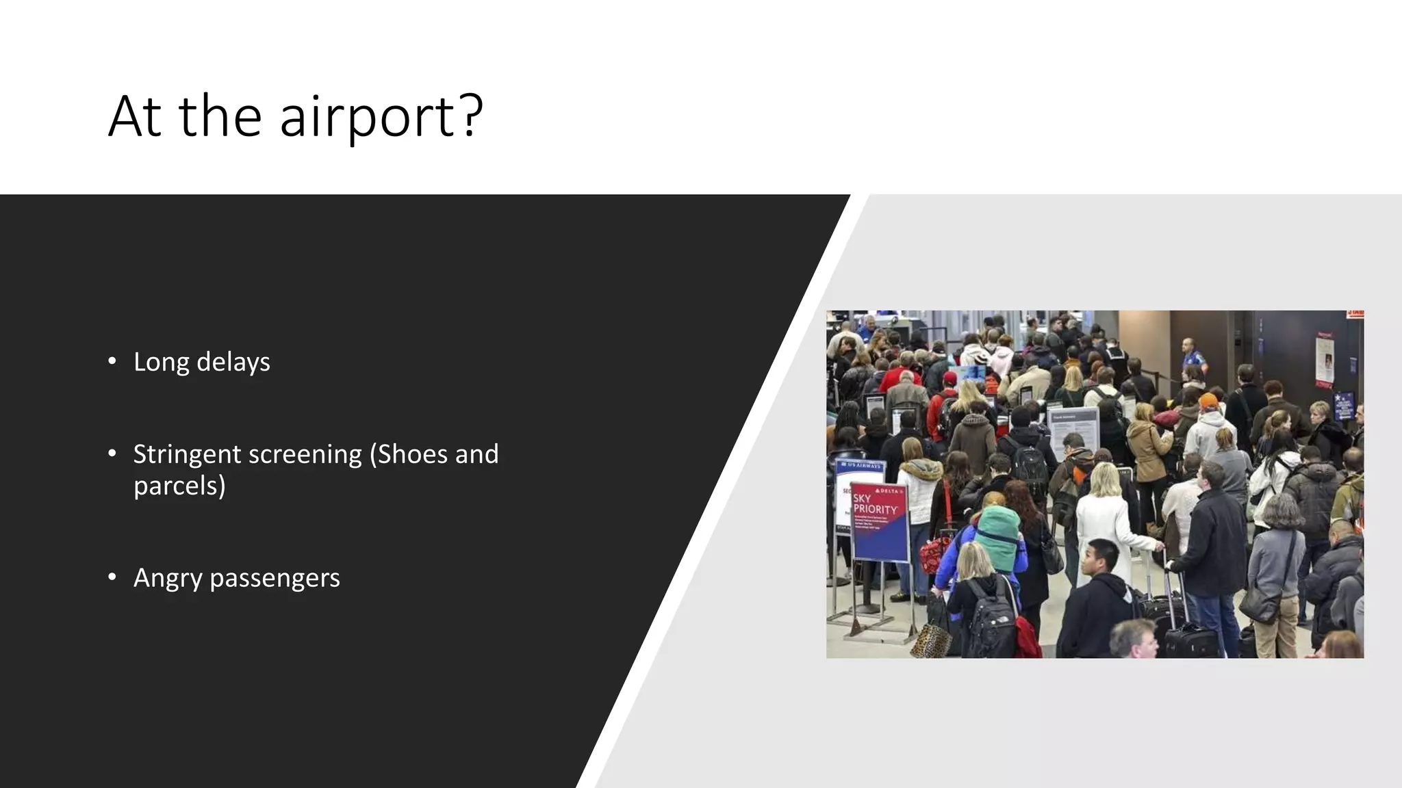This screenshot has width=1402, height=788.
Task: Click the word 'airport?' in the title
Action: coord(381,116)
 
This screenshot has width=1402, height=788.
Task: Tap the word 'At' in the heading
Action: coord(134,116)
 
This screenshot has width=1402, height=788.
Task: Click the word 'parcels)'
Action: coord(179,486)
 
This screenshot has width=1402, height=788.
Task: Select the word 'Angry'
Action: coord(168,578)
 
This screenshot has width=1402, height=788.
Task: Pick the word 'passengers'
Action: coord(275,578)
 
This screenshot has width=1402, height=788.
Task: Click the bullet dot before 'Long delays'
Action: coord(112,361)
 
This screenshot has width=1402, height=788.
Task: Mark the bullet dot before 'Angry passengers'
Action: coord(112,577)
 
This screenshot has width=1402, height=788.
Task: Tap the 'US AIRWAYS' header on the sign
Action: coord(861,466)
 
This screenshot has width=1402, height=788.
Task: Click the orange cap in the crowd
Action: coord(1209,401)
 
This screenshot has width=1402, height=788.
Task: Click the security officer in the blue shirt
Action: coord(1192,356)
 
